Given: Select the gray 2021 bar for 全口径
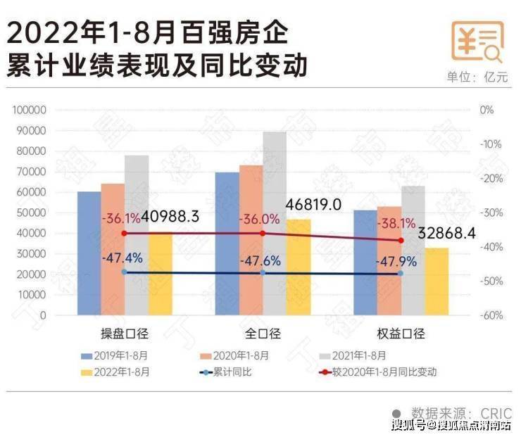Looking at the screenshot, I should tap(275, 211).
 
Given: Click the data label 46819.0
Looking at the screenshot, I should tap(313, 204).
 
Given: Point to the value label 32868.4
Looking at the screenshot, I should tap(446, 233).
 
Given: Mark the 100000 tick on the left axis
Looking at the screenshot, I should tap(29, 110).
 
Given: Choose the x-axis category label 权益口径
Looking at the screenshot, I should tap(401, 334).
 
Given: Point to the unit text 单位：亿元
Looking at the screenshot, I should tap(477, 77).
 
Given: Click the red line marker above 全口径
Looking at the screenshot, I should tap(263, 234).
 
